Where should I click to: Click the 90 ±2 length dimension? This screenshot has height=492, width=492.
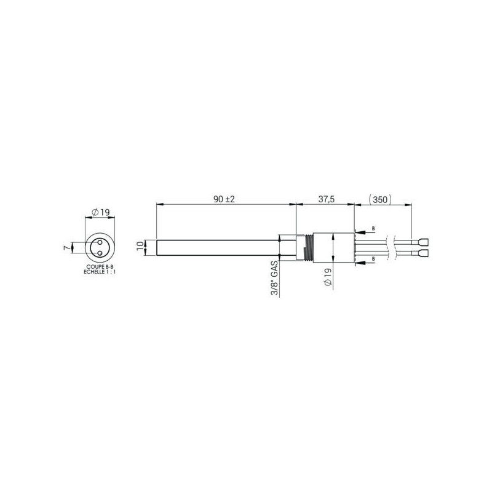click(224, 199)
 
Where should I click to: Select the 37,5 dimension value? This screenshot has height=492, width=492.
click(327, 199)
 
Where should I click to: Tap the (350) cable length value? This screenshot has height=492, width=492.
click(380, 199)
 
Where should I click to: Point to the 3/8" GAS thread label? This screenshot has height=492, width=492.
click(274, 279)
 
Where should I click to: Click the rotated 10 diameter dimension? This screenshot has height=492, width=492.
click(140, 245)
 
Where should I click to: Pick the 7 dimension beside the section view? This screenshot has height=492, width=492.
click(66, 248)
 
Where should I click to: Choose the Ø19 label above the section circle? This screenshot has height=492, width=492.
click(100, 212)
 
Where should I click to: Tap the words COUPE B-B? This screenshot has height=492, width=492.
click(100, 266)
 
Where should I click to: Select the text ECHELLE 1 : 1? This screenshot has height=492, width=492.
click(100, 272)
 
